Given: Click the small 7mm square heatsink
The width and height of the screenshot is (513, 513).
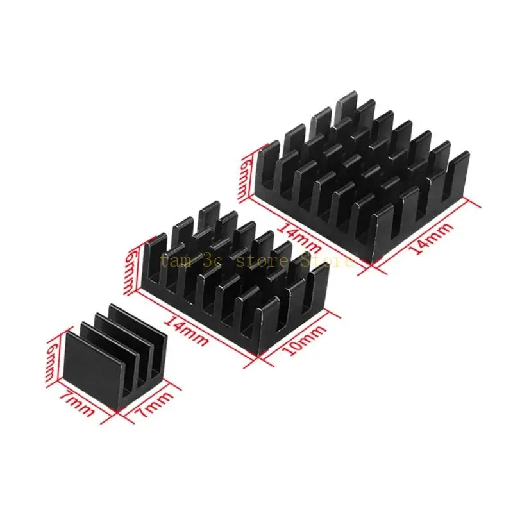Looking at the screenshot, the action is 117,356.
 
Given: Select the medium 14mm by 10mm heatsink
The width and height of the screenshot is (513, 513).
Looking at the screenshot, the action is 235,278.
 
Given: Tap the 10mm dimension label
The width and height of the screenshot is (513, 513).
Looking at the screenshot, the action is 304,341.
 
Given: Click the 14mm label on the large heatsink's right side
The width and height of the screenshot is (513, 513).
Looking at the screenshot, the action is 432,238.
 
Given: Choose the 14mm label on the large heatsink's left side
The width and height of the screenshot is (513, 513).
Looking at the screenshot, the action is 298,237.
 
